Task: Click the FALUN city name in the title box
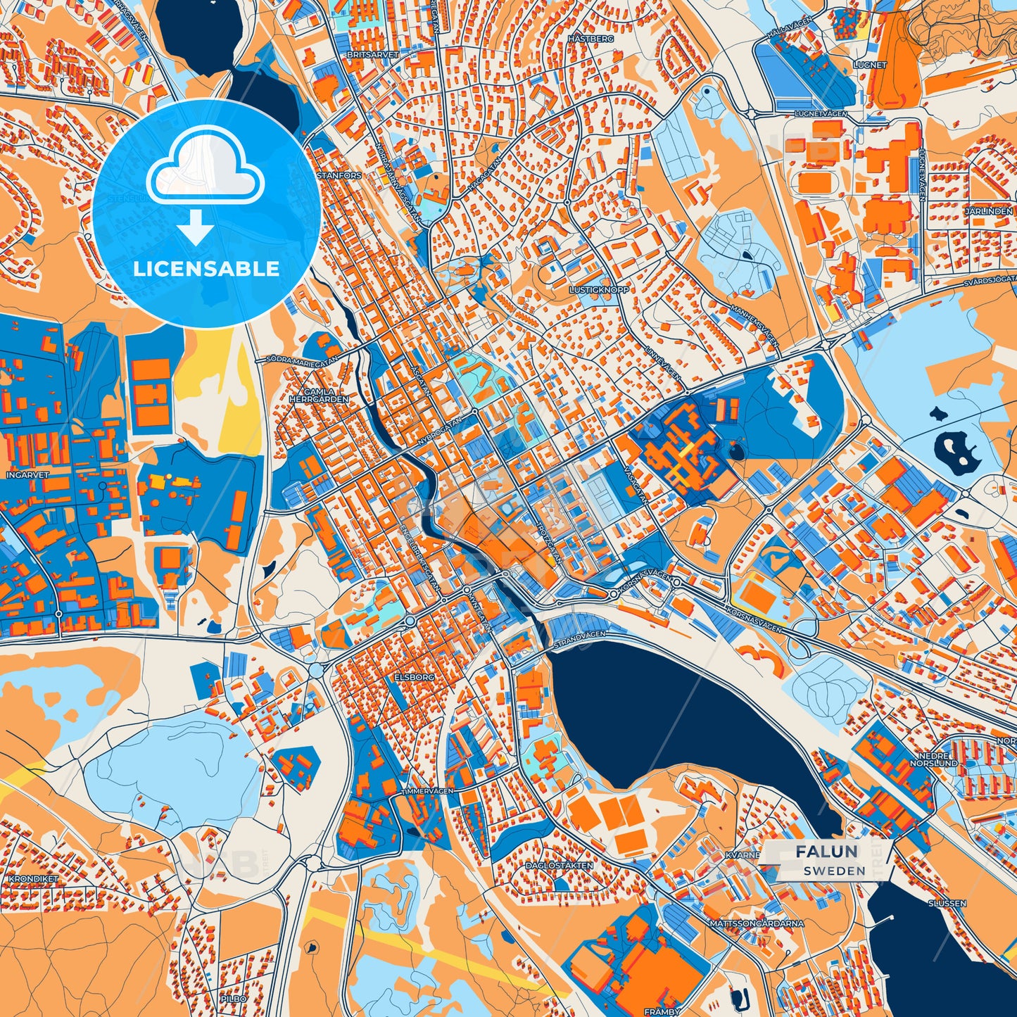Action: pos(827,852)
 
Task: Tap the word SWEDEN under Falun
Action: pos(835,871)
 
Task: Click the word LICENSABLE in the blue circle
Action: pos(206,269)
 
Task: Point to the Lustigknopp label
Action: pos(599,289)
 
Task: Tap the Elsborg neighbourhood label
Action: pos(415,676)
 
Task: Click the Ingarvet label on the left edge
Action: pos(27,475)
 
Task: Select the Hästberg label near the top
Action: pos(591,39)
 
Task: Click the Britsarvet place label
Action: pos(372,54)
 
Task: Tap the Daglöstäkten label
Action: pos(560,866)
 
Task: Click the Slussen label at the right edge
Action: pos(947,903)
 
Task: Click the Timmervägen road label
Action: pos(427,791)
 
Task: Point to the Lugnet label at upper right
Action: pos(870,65)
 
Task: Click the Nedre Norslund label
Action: pos(933,759)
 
